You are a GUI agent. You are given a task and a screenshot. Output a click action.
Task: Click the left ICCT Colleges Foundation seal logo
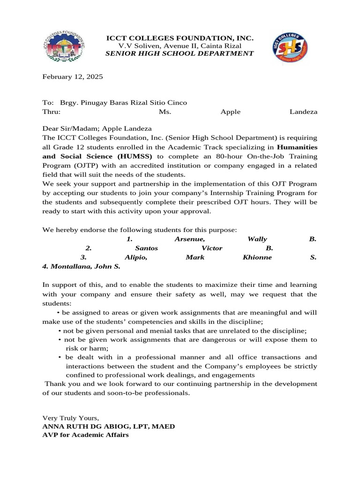[x=65, y=46]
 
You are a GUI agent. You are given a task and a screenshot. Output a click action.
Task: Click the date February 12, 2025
[x=73, y=76]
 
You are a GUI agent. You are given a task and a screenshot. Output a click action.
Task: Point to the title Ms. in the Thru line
[x=165, y=112]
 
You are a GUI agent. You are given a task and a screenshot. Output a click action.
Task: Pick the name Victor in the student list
[x=212, y=248]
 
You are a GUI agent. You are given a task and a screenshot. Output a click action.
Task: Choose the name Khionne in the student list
[x=257, y=257]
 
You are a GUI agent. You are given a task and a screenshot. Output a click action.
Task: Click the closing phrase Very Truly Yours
[x=71, y=417]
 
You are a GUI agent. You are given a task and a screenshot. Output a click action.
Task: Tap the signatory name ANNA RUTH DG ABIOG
[x=88, y=426]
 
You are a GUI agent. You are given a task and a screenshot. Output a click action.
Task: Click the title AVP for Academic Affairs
[x=85, y=435]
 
